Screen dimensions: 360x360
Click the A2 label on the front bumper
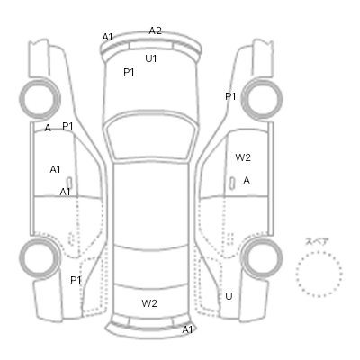coord(156,31)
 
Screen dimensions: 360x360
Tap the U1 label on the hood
coord(151,58)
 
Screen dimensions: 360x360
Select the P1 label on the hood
coord(129,72)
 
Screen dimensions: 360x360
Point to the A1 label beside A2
coord(107,37)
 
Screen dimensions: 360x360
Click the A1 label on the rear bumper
coord(187,329)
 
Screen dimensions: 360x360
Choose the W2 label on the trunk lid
coord(149,303)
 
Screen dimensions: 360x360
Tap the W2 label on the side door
coord(243,157)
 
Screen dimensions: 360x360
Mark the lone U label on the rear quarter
coord(229,296)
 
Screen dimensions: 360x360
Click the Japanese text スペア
coord(317,242)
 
